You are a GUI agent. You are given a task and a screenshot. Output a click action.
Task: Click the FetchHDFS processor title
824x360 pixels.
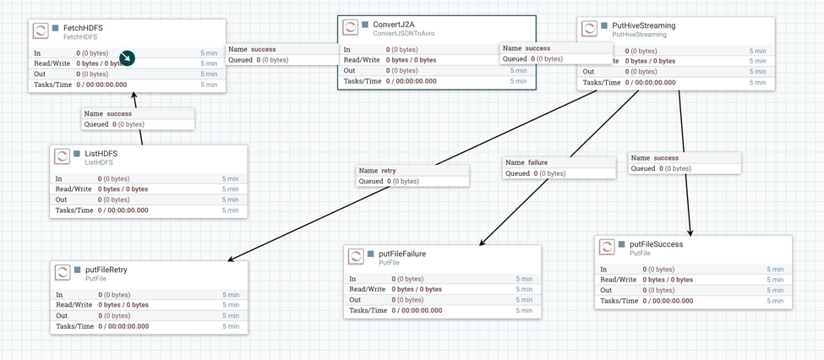tap(83, 28)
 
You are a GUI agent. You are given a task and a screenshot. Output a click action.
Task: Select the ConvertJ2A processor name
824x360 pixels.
tap(394, 25)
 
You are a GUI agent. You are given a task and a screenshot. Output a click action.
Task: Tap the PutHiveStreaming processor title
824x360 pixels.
tap(643, 25)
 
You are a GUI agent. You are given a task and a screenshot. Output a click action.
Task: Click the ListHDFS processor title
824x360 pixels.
tap(101, 154)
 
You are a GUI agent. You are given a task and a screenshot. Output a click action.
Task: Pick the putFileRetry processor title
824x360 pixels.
tap(106, 270)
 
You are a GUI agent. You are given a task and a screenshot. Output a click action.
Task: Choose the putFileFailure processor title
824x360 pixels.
tap(401, 254)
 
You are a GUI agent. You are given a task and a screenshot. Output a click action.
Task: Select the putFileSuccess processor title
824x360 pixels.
tap(656, 244)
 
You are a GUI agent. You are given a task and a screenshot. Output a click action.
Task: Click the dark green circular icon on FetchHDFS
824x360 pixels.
tap(127, 57)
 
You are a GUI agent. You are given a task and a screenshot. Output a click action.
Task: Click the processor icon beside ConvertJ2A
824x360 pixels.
tap(350, 28)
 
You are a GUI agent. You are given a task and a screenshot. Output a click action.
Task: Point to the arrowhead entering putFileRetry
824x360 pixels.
tap(231, 259)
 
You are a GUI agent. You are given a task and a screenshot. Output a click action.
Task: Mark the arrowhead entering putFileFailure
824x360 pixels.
tap(482, 243)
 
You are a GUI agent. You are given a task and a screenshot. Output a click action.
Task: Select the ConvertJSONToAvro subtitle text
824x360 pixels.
tap(405, 34)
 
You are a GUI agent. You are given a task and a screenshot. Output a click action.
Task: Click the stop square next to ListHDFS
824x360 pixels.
tap(77, 154)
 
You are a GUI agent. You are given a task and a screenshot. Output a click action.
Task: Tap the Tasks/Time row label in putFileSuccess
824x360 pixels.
tap(619, 301)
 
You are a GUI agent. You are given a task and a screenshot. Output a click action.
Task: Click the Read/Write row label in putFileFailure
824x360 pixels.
tap(369, 289)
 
